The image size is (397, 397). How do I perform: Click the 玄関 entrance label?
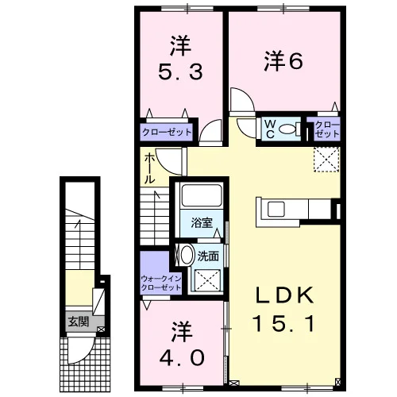(79, 322)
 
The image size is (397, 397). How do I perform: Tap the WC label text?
(270, 129)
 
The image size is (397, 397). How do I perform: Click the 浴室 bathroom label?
(202, 223)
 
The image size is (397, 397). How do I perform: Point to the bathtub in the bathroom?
(202, 195)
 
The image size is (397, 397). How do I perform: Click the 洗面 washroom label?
(208, 256)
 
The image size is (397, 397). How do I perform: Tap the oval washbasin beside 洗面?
(187, 255)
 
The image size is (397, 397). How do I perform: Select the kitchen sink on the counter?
(276, 209)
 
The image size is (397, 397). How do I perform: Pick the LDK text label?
(284, 295)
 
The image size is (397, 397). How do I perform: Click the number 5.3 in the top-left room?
(180, 71)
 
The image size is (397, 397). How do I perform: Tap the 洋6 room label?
(283, 61)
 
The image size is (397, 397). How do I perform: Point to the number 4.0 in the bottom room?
(182, 357)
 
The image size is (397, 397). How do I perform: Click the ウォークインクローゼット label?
(161, 283)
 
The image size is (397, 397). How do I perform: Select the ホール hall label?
(149, 168)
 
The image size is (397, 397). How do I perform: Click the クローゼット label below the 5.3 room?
(167, 132)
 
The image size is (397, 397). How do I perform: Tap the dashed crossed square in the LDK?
(326, 160)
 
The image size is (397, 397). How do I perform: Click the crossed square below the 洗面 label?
(208, 280)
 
